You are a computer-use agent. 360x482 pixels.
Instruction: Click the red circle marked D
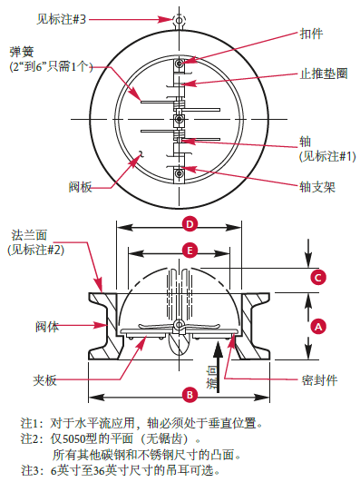pyautogui.click(x=190, y=224)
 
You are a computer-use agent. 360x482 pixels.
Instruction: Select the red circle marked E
pyautogui.click(x=190, y=251)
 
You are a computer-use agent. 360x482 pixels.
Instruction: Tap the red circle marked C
pyautogui.click(x=318, y=278)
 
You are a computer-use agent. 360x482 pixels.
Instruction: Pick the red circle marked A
pyautogui.click(x=318, y=327)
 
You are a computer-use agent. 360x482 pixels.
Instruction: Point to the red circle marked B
pyautogui.click(x=190, y=394)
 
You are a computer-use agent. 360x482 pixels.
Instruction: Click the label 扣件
pyautogui.click(x=311, y=34)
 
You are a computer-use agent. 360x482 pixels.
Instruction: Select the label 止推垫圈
pyautogui.click(x=324, y=74)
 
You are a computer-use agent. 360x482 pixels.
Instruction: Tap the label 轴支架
pyautogui.click(x=317, y=187)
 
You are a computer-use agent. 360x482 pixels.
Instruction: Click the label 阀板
pyautogui.click(x=80, y=187)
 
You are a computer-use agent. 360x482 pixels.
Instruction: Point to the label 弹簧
pyautogui.click(x=22, y=52)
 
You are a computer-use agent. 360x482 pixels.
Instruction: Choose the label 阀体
pyautogui.click(x=47, y=327)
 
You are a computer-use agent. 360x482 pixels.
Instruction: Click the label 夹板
pyautogui.click(x=44, y=380)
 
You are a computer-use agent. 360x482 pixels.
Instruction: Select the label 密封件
pyautogui.click(x=319, y=380)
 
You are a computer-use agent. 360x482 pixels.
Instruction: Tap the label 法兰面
pyautogui.click(x=29, y=235)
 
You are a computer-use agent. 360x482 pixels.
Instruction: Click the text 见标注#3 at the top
pyautogui.click(x=61, y=19)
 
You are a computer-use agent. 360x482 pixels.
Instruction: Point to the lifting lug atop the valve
pyautogui.click(x=179, y=21)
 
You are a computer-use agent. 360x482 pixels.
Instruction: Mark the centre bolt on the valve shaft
pyautogui.click(x=179, y=119)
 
